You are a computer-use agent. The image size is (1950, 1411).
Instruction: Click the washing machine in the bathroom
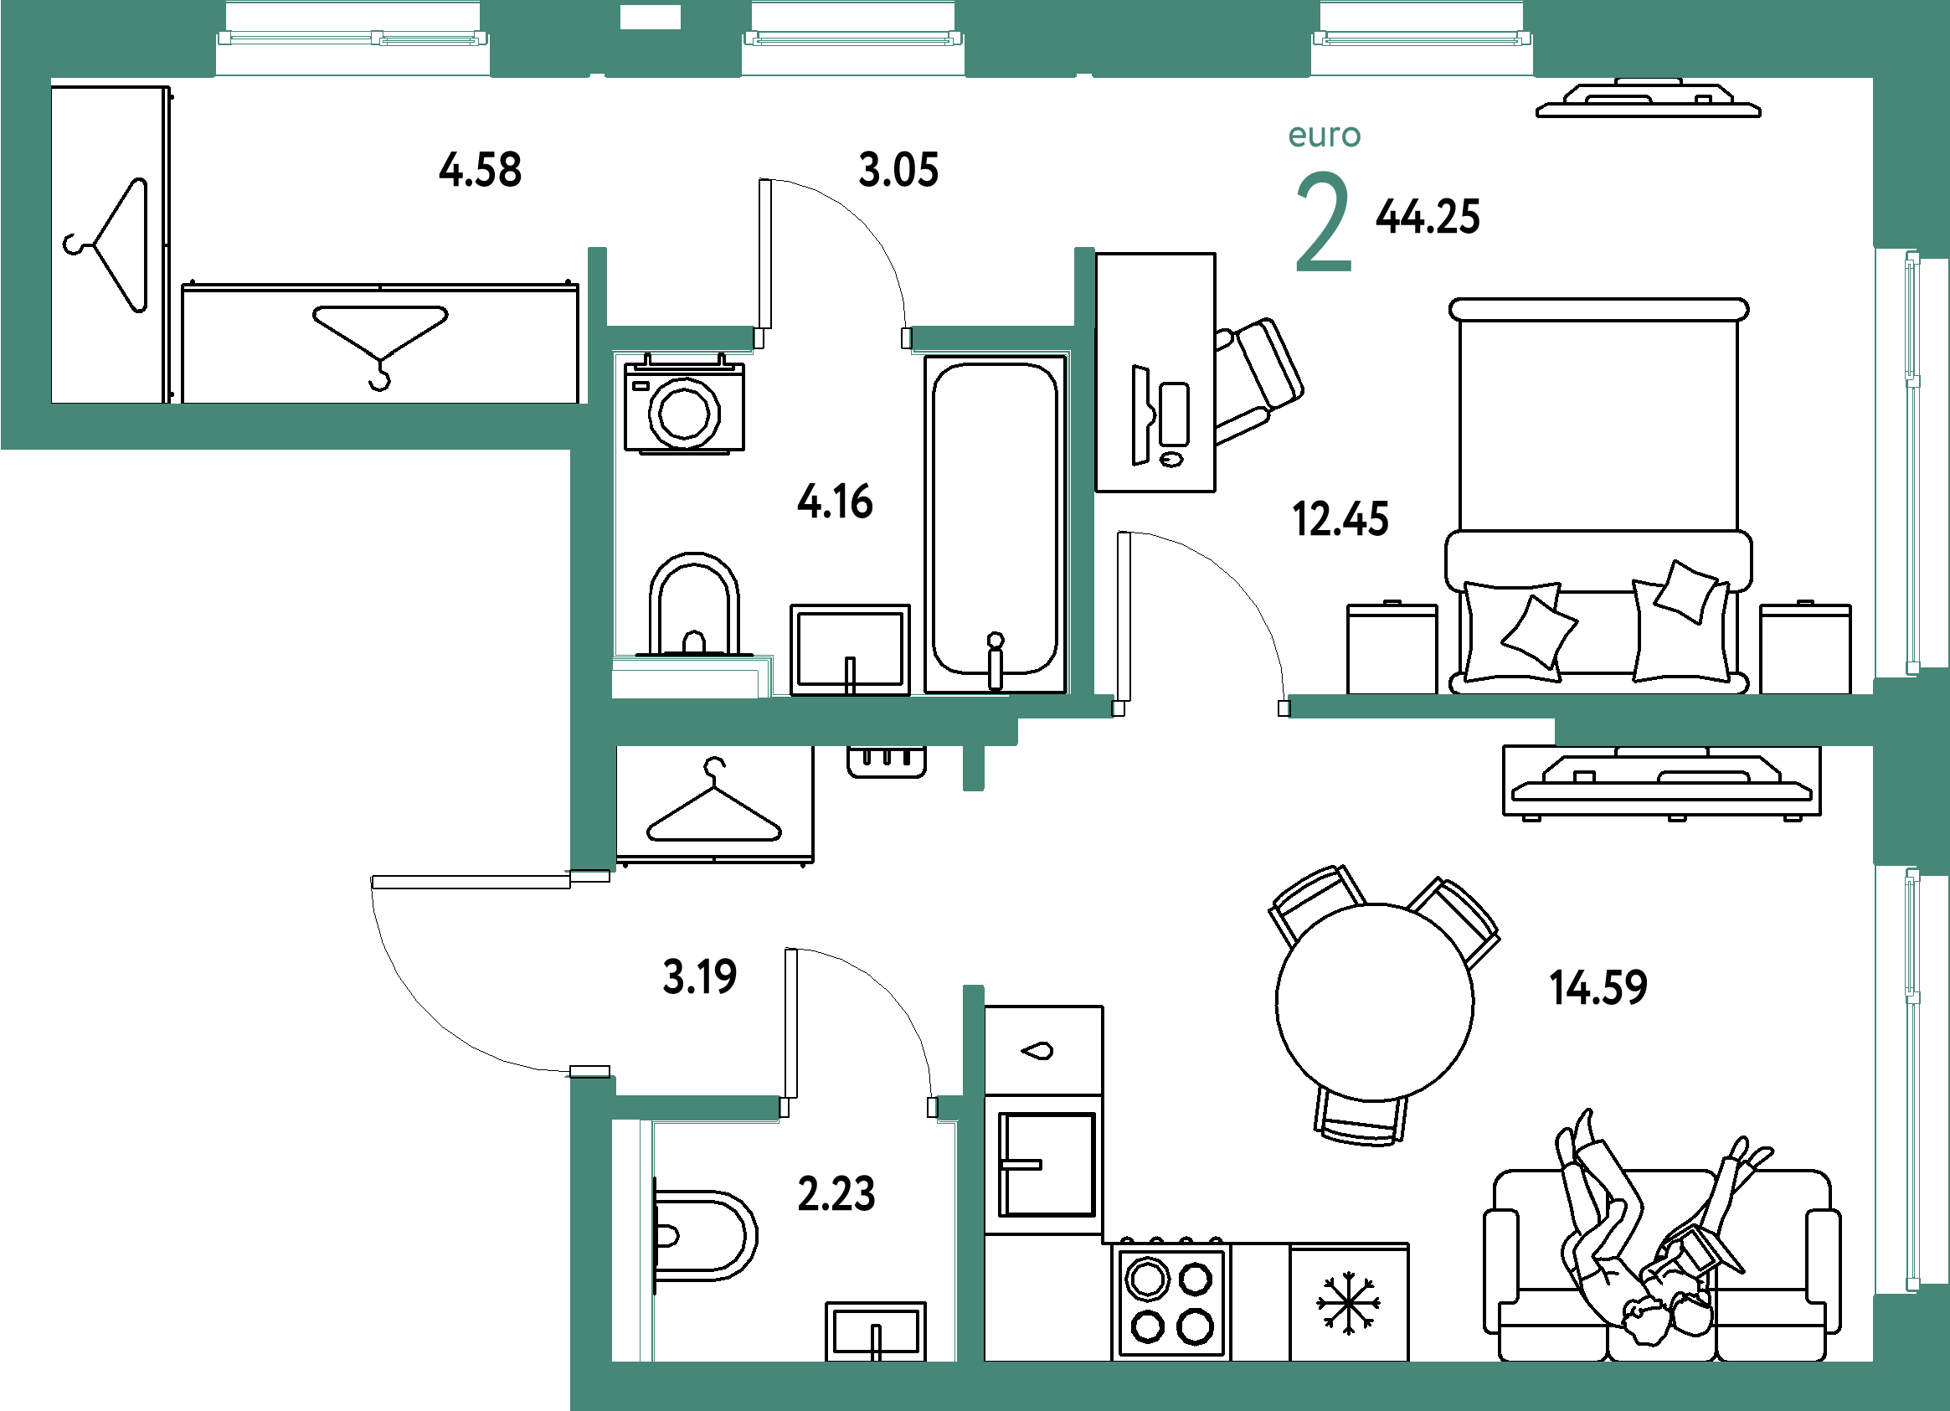click(x=684, y=404)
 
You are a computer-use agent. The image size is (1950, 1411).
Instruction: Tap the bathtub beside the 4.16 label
click(x=995, y=523)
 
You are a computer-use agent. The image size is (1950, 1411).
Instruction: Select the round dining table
click(x=1374, y=1002)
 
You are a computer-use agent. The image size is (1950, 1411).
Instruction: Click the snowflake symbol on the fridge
click(x=1348, y=1305)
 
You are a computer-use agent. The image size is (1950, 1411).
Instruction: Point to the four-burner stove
click(x=1171, y=1301)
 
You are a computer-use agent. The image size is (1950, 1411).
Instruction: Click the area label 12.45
click(x=1340, y=519)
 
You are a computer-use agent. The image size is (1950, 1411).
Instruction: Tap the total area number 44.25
click(x=1428, y=217)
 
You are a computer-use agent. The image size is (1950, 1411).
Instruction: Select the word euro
click(x=1324, y=136)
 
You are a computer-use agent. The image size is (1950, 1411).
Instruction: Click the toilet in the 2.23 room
click(x=704, y=1236)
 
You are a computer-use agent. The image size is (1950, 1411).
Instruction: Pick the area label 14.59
click(x=1598, y=987)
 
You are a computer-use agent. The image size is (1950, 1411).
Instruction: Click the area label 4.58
click(x=480, y=169)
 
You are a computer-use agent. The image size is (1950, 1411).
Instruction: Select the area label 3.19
click(x=699, y=976)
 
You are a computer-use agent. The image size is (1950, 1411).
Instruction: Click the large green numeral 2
click(x=1323, y=221)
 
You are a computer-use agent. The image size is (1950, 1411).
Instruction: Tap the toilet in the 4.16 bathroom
click(x=694, y=605)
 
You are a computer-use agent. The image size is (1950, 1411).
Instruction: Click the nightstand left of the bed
click(x=1392, y=647)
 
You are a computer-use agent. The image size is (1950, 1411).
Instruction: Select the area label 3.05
click(x=898, y=169)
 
